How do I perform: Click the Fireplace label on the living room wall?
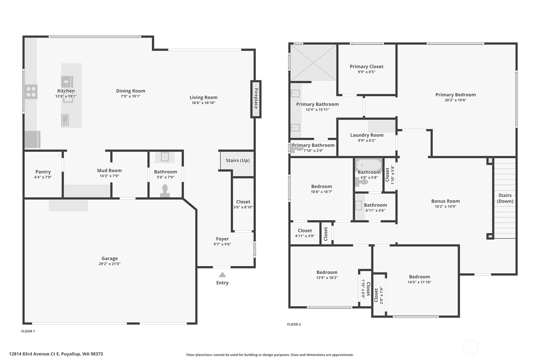(x=256, y=98)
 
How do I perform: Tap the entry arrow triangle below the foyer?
(x=222, y=275)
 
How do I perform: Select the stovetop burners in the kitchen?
(x=31, y=92)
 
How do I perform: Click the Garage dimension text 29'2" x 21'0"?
(x=110, y=264)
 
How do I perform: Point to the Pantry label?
(x=43, y=172)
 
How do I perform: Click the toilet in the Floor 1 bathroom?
(x=165, y=191)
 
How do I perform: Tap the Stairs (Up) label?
(x=238, y=161)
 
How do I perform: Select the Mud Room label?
(x=109, y=171)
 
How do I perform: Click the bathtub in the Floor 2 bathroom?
(x=368, y=165)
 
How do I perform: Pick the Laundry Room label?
(x=367, y=135)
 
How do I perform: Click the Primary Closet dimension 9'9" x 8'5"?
(x=367, y=72)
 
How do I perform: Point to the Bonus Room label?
(x=445, y=201)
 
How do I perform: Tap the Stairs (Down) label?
(x=505, y=198)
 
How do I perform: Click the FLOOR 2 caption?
(x=294, y=324)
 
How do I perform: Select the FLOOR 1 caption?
(x=28, y=331)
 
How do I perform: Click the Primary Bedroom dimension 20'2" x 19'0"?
(x=456, y=100)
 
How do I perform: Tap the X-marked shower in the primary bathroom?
(x=313, y=62)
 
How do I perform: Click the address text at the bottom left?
(x=56, y=354)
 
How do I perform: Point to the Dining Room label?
(x=131, y=91)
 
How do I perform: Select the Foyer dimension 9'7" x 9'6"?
(x=222, y=244)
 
